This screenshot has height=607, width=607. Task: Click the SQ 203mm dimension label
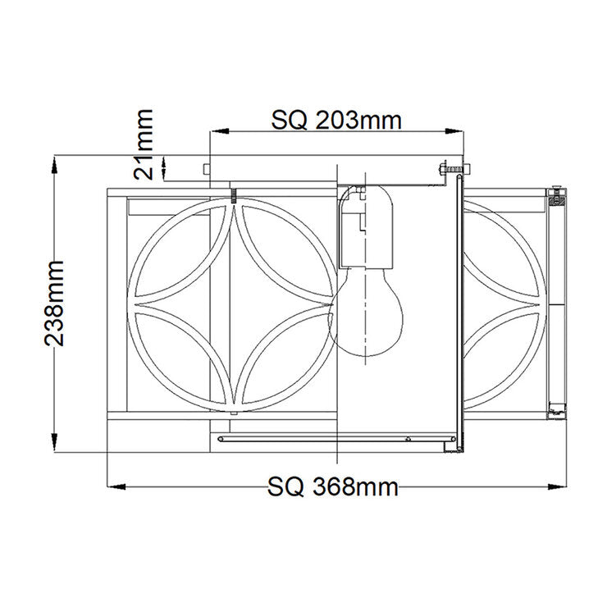[x=336, y=121]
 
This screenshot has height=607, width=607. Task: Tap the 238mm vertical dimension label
[x=55, y=303]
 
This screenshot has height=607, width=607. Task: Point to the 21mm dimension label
[x=145, y=144]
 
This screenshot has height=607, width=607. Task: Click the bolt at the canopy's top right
[x=450, y=168]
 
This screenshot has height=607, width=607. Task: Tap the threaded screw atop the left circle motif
[x=234, y=195]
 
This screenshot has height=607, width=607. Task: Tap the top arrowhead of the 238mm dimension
[x=55, y=162]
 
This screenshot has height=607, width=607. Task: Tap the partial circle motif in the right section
[x=502, y=303]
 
